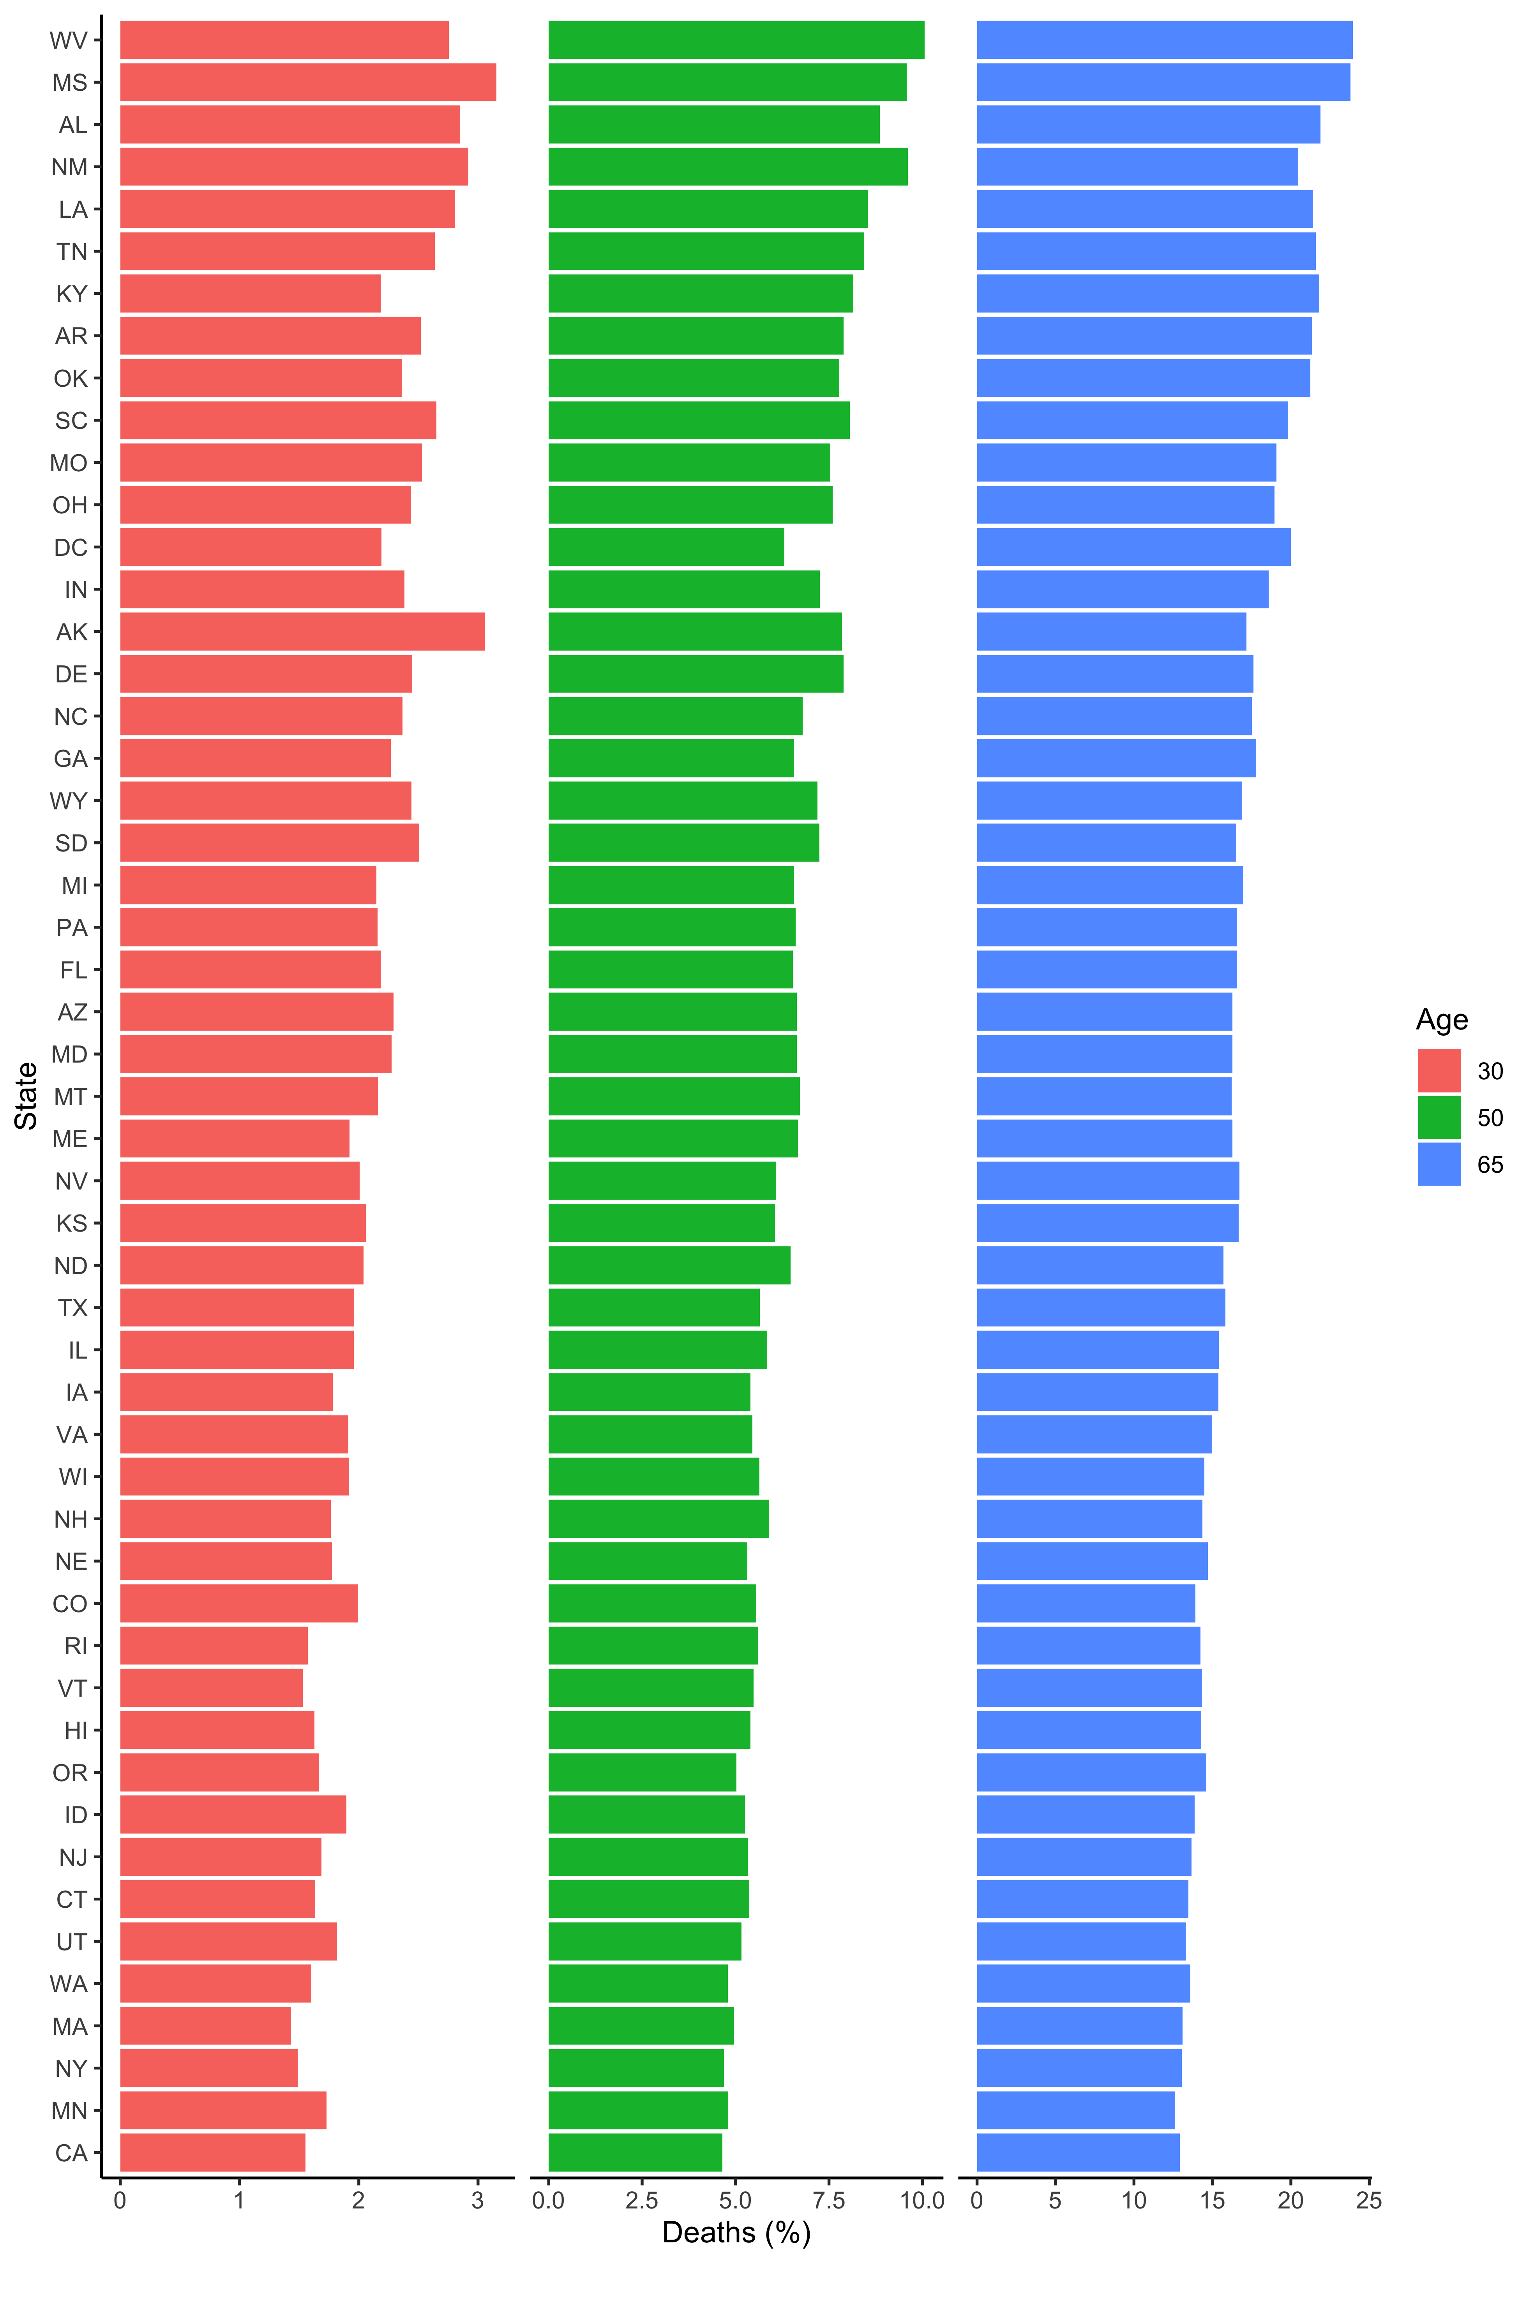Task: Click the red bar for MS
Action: pyautogui.click(x=308, y=82)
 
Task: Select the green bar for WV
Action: pyautogui.click(x=736, y=40)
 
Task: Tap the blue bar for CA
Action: pyautogui.click(x=1078, y=2152)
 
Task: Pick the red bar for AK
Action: pyautogui.click(x=302, y=632)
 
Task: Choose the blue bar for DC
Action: pyautogui.click(x=1134, y=546)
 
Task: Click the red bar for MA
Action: pyautogui.click(x=205, y=2025)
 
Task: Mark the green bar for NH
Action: pyautogui.click(x=658, y=1519)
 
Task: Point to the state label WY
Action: pyautogui.click(x=69, y=801)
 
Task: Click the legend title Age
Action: pyautogui.click(x=1442, y=1020)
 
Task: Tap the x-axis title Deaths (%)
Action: pyautogui.click(x=737, y=2233)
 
